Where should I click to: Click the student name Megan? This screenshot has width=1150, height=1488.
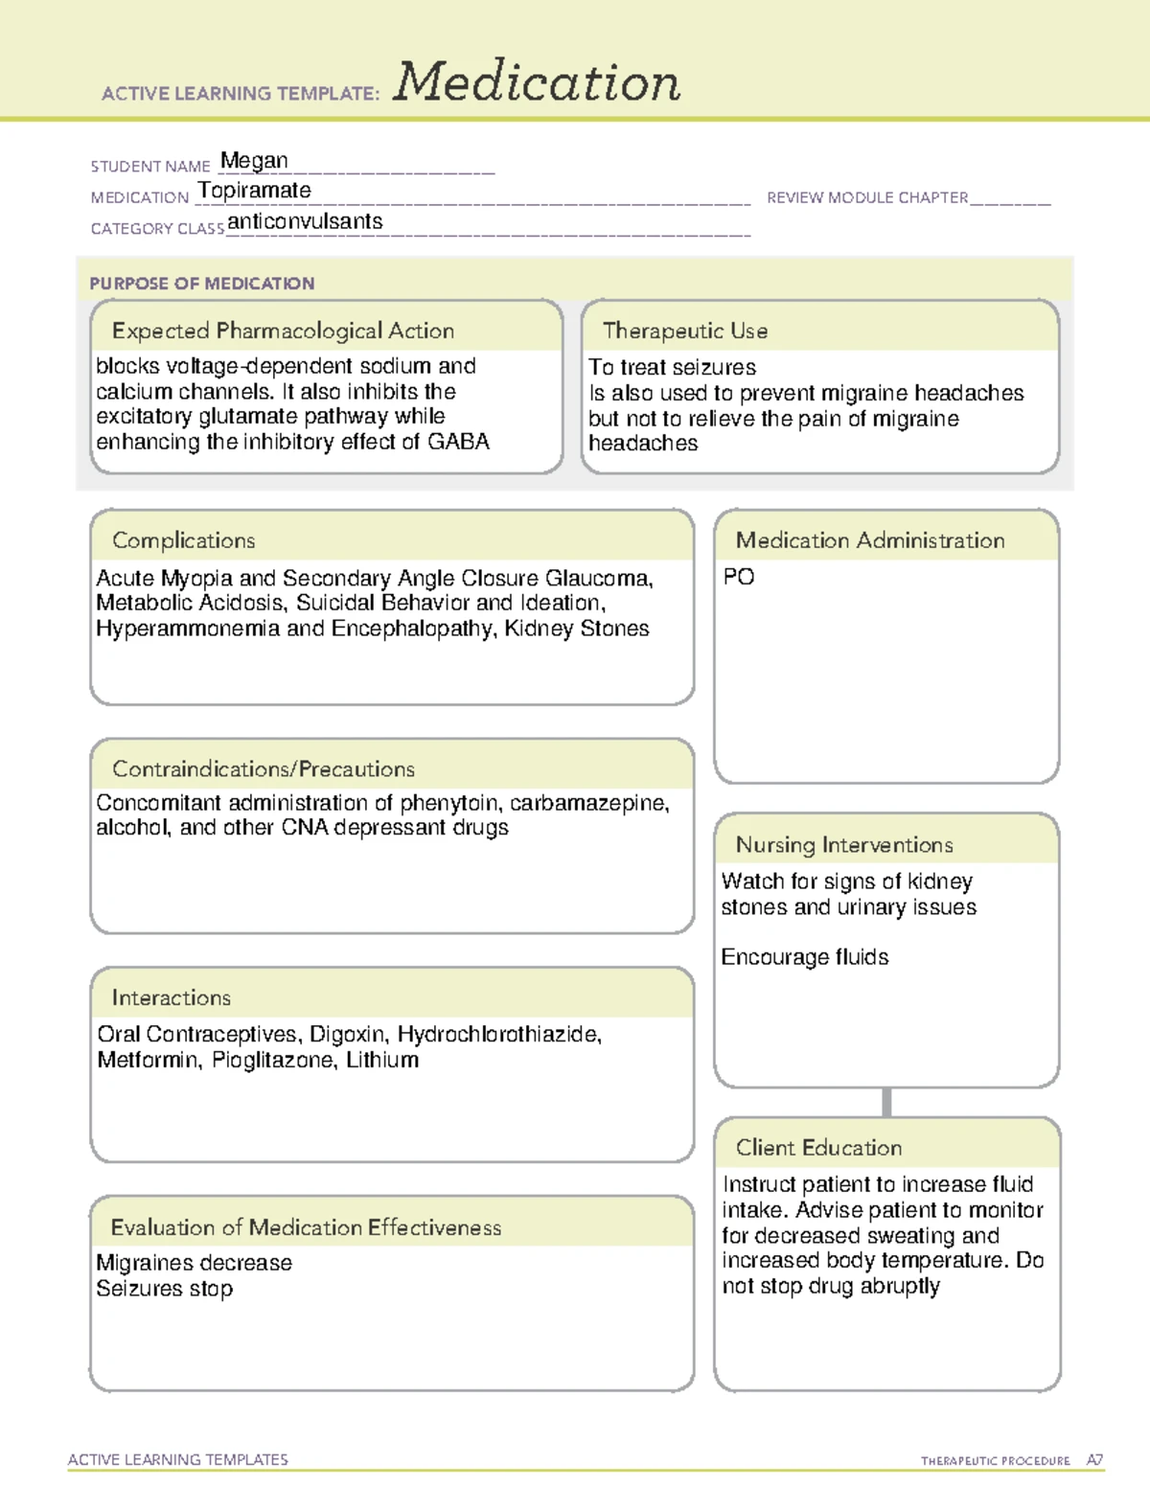click(x=254, y=161)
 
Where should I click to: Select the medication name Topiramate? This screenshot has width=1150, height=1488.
click(x=255, y=191)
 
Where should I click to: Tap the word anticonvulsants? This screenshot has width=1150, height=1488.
click(x=305, y=222)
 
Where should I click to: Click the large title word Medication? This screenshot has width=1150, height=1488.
click(x=537, y=82)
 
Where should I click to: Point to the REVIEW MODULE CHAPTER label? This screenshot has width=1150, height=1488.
click(x=867, y=198)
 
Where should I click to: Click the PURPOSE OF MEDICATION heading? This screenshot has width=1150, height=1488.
click(x=202, y=284)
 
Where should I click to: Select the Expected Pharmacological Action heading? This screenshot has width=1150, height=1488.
click(x=283, y=332)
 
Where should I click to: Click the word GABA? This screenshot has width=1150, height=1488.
click(x=458, y=442)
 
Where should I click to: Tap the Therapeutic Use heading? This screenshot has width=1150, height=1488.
click(x=685, y=332)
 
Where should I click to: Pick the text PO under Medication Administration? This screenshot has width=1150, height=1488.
click(x=739, y=577)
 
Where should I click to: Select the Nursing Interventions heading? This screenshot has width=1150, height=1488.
click(x=844, y=845)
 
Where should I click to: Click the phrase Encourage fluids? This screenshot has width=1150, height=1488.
click(x=805, y=957)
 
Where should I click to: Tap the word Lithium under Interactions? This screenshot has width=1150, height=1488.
click(x=382, y=1061)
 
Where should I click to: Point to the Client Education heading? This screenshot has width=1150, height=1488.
click(x=818, y=1148)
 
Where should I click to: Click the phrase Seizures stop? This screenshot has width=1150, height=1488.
click(x=165, y=1289)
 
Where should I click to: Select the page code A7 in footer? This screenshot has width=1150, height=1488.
click(x=1094, y=1460)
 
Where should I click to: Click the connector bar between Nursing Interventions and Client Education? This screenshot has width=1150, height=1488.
click(x=886, y=1102)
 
